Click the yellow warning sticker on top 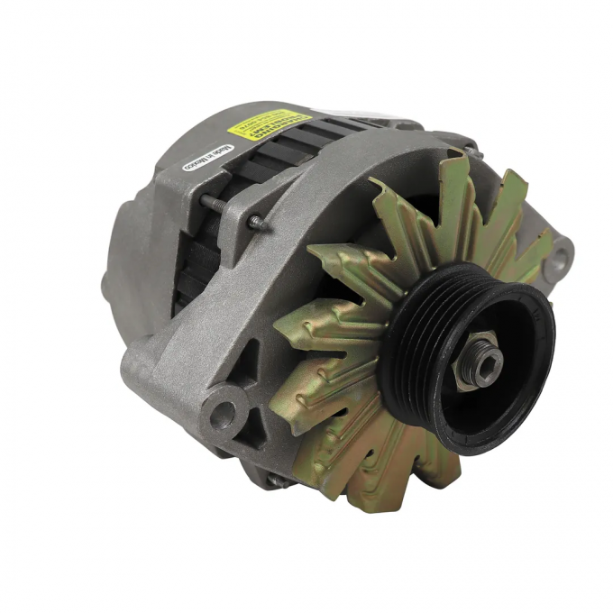269,124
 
